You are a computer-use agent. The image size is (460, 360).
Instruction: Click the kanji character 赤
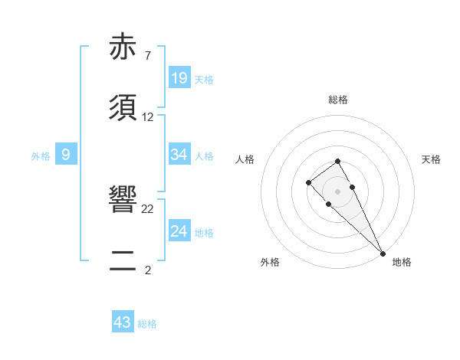tap(124, 48)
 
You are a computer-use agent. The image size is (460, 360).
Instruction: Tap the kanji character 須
tap(124, 107)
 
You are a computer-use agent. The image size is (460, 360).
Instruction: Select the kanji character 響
tap(124, 201)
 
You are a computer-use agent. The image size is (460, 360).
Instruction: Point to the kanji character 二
tap(124, 260)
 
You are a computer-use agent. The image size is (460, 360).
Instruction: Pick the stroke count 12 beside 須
tap(148, 117)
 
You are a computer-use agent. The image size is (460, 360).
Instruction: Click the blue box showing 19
tap(179, 78)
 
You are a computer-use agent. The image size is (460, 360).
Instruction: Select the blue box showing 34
tap(179, 155)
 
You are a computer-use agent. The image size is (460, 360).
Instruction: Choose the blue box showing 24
tap(179, 231)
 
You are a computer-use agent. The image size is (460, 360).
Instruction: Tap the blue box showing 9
tap(66, 155)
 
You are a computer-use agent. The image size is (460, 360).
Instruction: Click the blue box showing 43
tap(123, 322)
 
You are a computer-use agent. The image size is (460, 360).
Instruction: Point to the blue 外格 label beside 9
tap(41, 156)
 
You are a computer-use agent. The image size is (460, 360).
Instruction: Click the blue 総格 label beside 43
tap(147, 324)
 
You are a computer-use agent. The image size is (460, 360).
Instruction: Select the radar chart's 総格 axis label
tap(338, 100)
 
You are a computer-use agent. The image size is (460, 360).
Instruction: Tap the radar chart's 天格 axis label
tap(432, 159)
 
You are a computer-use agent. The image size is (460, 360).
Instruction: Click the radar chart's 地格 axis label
tap(402, 262)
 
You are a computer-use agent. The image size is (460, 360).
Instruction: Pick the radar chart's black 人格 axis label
tap(245, 159)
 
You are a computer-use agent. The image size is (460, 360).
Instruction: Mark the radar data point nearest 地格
tap(383, 253)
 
